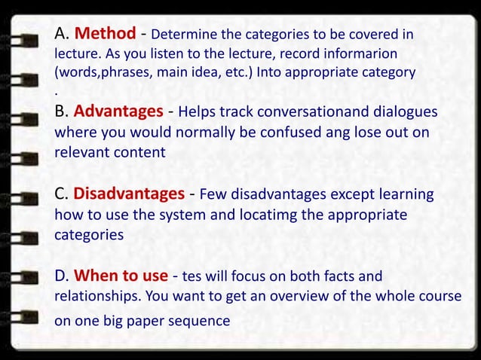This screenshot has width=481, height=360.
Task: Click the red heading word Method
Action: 106,34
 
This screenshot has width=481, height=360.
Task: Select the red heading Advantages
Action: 118,112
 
